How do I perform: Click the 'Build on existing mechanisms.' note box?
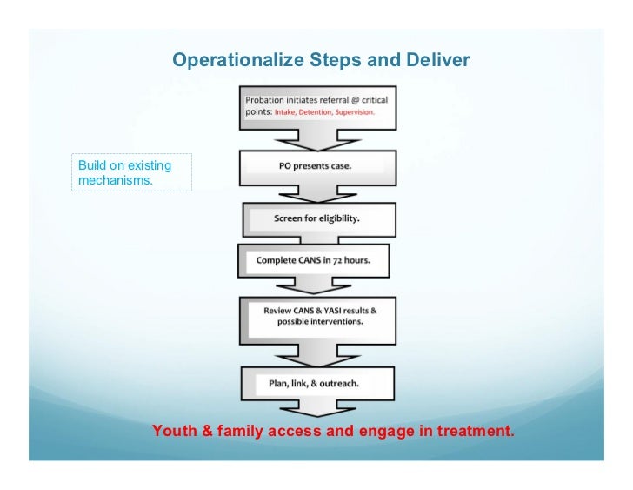point(131,172)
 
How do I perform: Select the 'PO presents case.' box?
point(316,165)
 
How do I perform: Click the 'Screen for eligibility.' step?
point(316,218)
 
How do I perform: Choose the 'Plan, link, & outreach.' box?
point(316,384)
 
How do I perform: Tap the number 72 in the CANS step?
point(340,260)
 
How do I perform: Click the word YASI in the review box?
point(324,310)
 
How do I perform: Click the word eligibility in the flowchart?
point(330,218)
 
